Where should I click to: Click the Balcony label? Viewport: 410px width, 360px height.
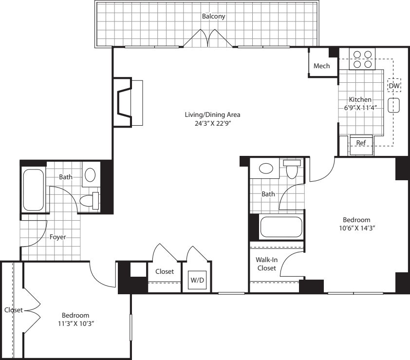pos(214,16)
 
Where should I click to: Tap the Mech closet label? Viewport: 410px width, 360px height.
pos(321,66)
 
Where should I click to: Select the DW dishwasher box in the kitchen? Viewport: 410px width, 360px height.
pos(394,86)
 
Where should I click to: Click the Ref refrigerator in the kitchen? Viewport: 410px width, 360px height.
pos(361,143)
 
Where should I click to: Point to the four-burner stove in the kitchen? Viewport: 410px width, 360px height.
pos(363,59)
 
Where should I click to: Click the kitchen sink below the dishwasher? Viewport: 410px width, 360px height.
pos(394,106)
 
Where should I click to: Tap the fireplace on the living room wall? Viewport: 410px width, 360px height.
pos(125,102)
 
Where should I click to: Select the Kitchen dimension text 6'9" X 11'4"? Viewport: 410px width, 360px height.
pos(360,108)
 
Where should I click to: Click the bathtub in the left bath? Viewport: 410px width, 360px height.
pos(34,189)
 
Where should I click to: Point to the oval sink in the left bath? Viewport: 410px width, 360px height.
pos(90,175)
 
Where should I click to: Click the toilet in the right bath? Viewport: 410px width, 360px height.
pos(292,170)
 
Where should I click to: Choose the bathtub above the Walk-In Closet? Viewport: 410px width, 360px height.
pos(281,227)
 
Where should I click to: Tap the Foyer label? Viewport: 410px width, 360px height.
pos(58,237)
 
